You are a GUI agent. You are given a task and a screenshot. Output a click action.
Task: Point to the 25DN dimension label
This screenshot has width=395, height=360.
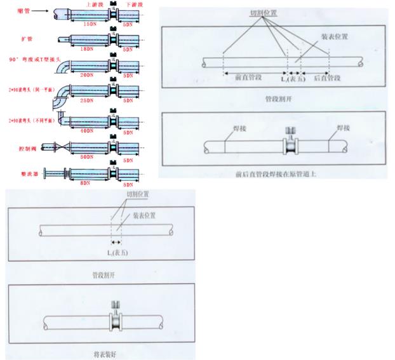point(88,101)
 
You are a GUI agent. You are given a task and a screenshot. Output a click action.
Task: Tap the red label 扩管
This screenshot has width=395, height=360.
point(25,39)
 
